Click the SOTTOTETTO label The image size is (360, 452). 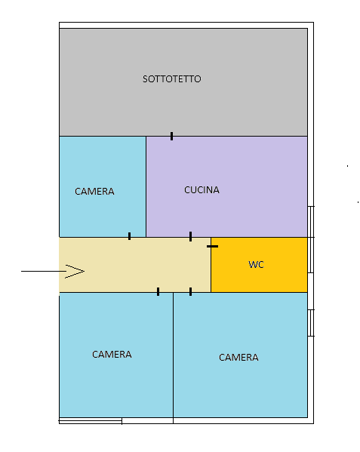172,79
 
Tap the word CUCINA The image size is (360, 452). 202,190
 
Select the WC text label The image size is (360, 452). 257,265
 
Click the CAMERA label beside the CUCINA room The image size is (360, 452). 94,192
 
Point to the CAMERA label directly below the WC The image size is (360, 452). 238,358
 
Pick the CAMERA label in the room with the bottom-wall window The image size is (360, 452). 112,354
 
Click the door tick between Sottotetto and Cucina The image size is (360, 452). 172,136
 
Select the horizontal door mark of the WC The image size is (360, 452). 212,246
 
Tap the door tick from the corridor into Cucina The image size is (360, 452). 190,236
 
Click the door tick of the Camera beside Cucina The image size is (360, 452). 129,236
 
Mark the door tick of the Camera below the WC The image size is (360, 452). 190,292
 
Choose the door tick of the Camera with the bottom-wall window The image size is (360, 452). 158,292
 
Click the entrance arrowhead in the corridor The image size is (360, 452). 75,271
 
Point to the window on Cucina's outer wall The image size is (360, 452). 311,222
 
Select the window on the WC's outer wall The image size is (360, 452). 311,255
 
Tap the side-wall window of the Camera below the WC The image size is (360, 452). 311,323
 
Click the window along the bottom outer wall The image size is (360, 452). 91,421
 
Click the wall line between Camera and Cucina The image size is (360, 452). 146,187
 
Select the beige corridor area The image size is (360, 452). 135,265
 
